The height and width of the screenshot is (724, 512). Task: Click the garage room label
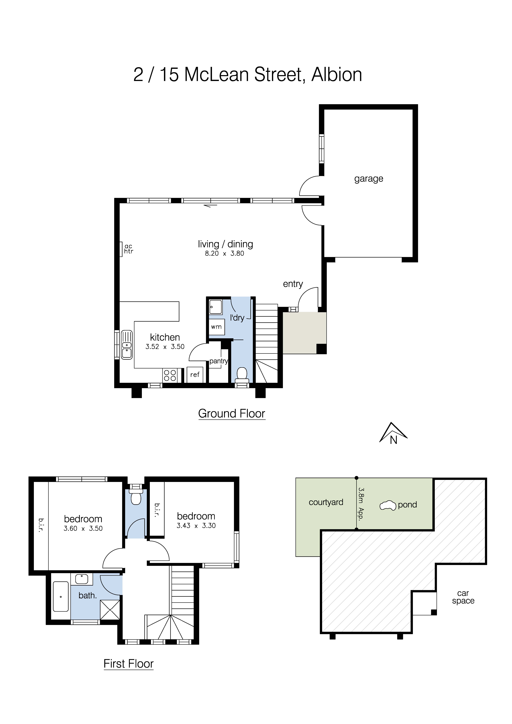tap(368, 179)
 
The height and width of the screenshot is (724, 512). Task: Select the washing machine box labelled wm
tap(216, 327)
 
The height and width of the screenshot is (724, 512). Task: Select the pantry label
tap(219, 361)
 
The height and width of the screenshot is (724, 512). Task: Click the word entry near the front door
tap(293, 284)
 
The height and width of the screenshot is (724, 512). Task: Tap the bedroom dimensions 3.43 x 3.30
tap(196, 526)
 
